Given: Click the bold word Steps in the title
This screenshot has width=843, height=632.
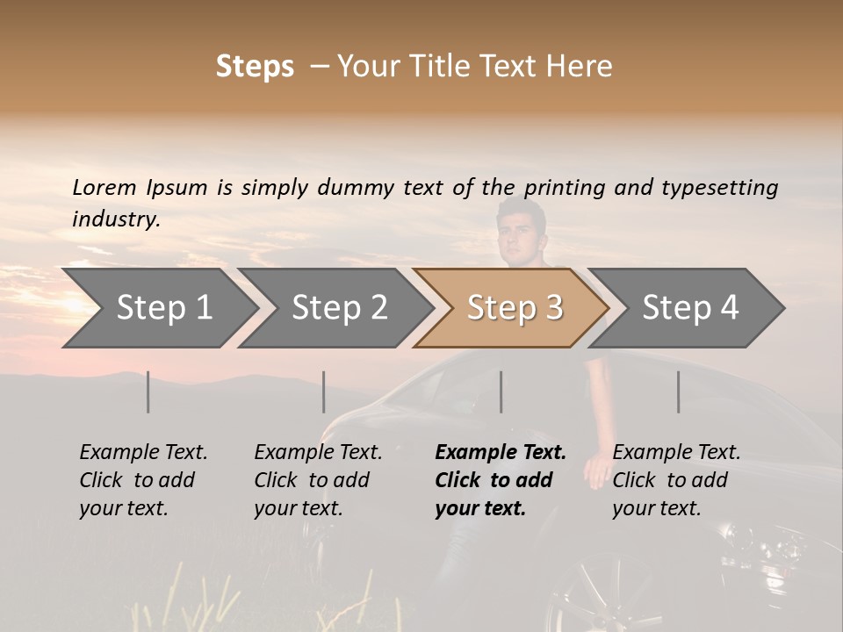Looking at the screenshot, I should (255, 67).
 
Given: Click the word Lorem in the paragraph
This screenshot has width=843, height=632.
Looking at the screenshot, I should (104, 188).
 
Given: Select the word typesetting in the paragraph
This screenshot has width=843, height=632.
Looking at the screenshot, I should (719, 188).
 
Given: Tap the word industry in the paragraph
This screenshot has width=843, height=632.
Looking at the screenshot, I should (115, 219).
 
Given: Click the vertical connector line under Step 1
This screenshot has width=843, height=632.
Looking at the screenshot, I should (148, 391).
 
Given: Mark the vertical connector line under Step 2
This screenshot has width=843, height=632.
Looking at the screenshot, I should (324, 391).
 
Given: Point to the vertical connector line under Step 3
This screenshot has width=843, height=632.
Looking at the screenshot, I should (501, 391).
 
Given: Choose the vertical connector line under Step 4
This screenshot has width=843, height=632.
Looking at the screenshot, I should (679, 391).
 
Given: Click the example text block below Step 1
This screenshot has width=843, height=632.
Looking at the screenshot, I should (143, 480).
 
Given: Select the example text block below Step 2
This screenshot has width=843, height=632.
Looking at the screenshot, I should (318, 480).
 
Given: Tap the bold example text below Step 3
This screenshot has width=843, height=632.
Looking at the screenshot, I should (501, 480).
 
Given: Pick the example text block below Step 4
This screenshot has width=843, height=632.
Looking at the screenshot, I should (676, 480).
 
